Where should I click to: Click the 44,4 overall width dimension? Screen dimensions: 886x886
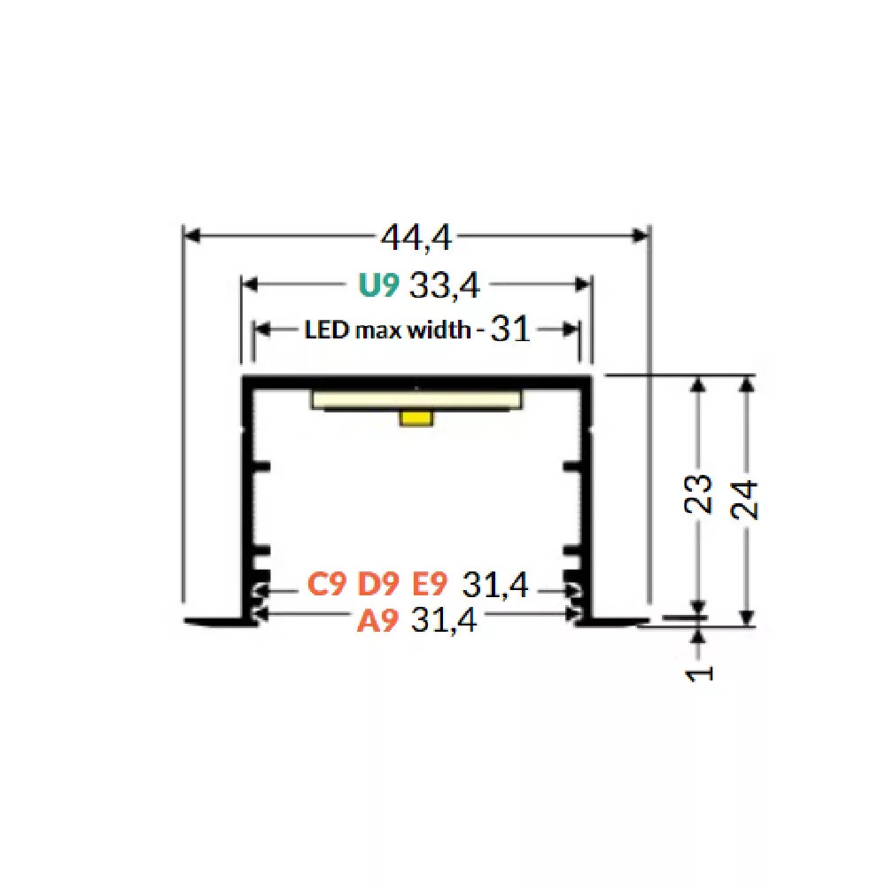[x=416, y=237]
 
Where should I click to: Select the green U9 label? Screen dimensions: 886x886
[x=378, y=285]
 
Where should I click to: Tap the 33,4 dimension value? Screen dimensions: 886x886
[x=444, y=286]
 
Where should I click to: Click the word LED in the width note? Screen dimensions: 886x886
[x=326, y=330]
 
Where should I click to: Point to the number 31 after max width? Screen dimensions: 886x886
[x=511, y=329]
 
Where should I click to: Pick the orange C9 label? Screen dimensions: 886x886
[x=327, y=584]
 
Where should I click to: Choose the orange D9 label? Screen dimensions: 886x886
[x=378, y=584]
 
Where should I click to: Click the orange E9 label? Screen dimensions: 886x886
[x=429, y=584]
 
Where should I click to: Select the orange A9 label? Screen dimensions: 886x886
[x=377, y=620]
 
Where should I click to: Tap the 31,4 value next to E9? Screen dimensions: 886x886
[x=495, y=584]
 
